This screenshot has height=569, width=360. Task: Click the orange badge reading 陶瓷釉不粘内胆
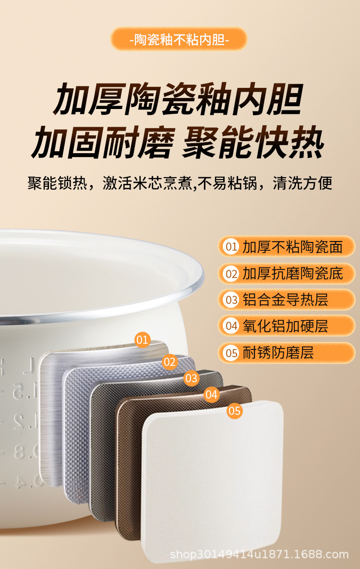pyautogui.click(x=179, y=39)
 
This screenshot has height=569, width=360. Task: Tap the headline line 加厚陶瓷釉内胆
pyautogui.click(x=178, y=99)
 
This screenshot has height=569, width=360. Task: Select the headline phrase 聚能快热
pyautogui.click(x=253, y=142)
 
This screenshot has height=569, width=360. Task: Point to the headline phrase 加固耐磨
pyautogui.click(x=103, y=142)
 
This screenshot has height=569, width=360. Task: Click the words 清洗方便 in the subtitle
pyautogui.click(x=302, y=183)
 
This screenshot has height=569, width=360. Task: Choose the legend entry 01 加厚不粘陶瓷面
pyautogui.click(x=287, y=247)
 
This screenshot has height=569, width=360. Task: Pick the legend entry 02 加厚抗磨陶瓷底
pyautogui.click(x=287, y=273)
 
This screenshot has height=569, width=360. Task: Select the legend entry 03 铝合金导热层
pyautogui.click(x=287, y=300)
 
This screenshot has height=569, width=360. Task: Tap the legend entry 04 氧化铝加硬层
pyautogui.click(x=287, y=326)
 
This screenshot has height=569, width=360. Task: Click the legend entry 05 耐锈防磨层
pyautogui.click(x=287, y=352)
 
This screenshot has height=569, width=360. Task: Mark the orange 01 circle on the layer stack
pyautogui.click(x=142, y=340)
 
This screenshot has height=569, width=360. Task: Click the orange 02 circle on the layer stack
pyautogui.click(x=169, y=362)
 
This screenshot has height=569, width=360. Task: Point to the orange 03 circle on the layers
pyautogui.click(x=191, y=378)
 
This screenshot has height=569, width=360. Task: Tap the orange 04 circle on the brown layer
pyautogui.click(x=211, y=394)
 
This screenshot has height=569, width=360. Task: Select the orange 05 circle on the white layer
pyautogui.click(x=234, y=411)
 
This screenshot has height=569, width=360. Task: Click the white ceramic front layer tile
pyautogui.click(x=212, y=483)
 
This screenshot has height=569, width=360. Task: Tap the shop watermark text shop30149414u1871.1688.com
pyautogui.click(x=259, y=554)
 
